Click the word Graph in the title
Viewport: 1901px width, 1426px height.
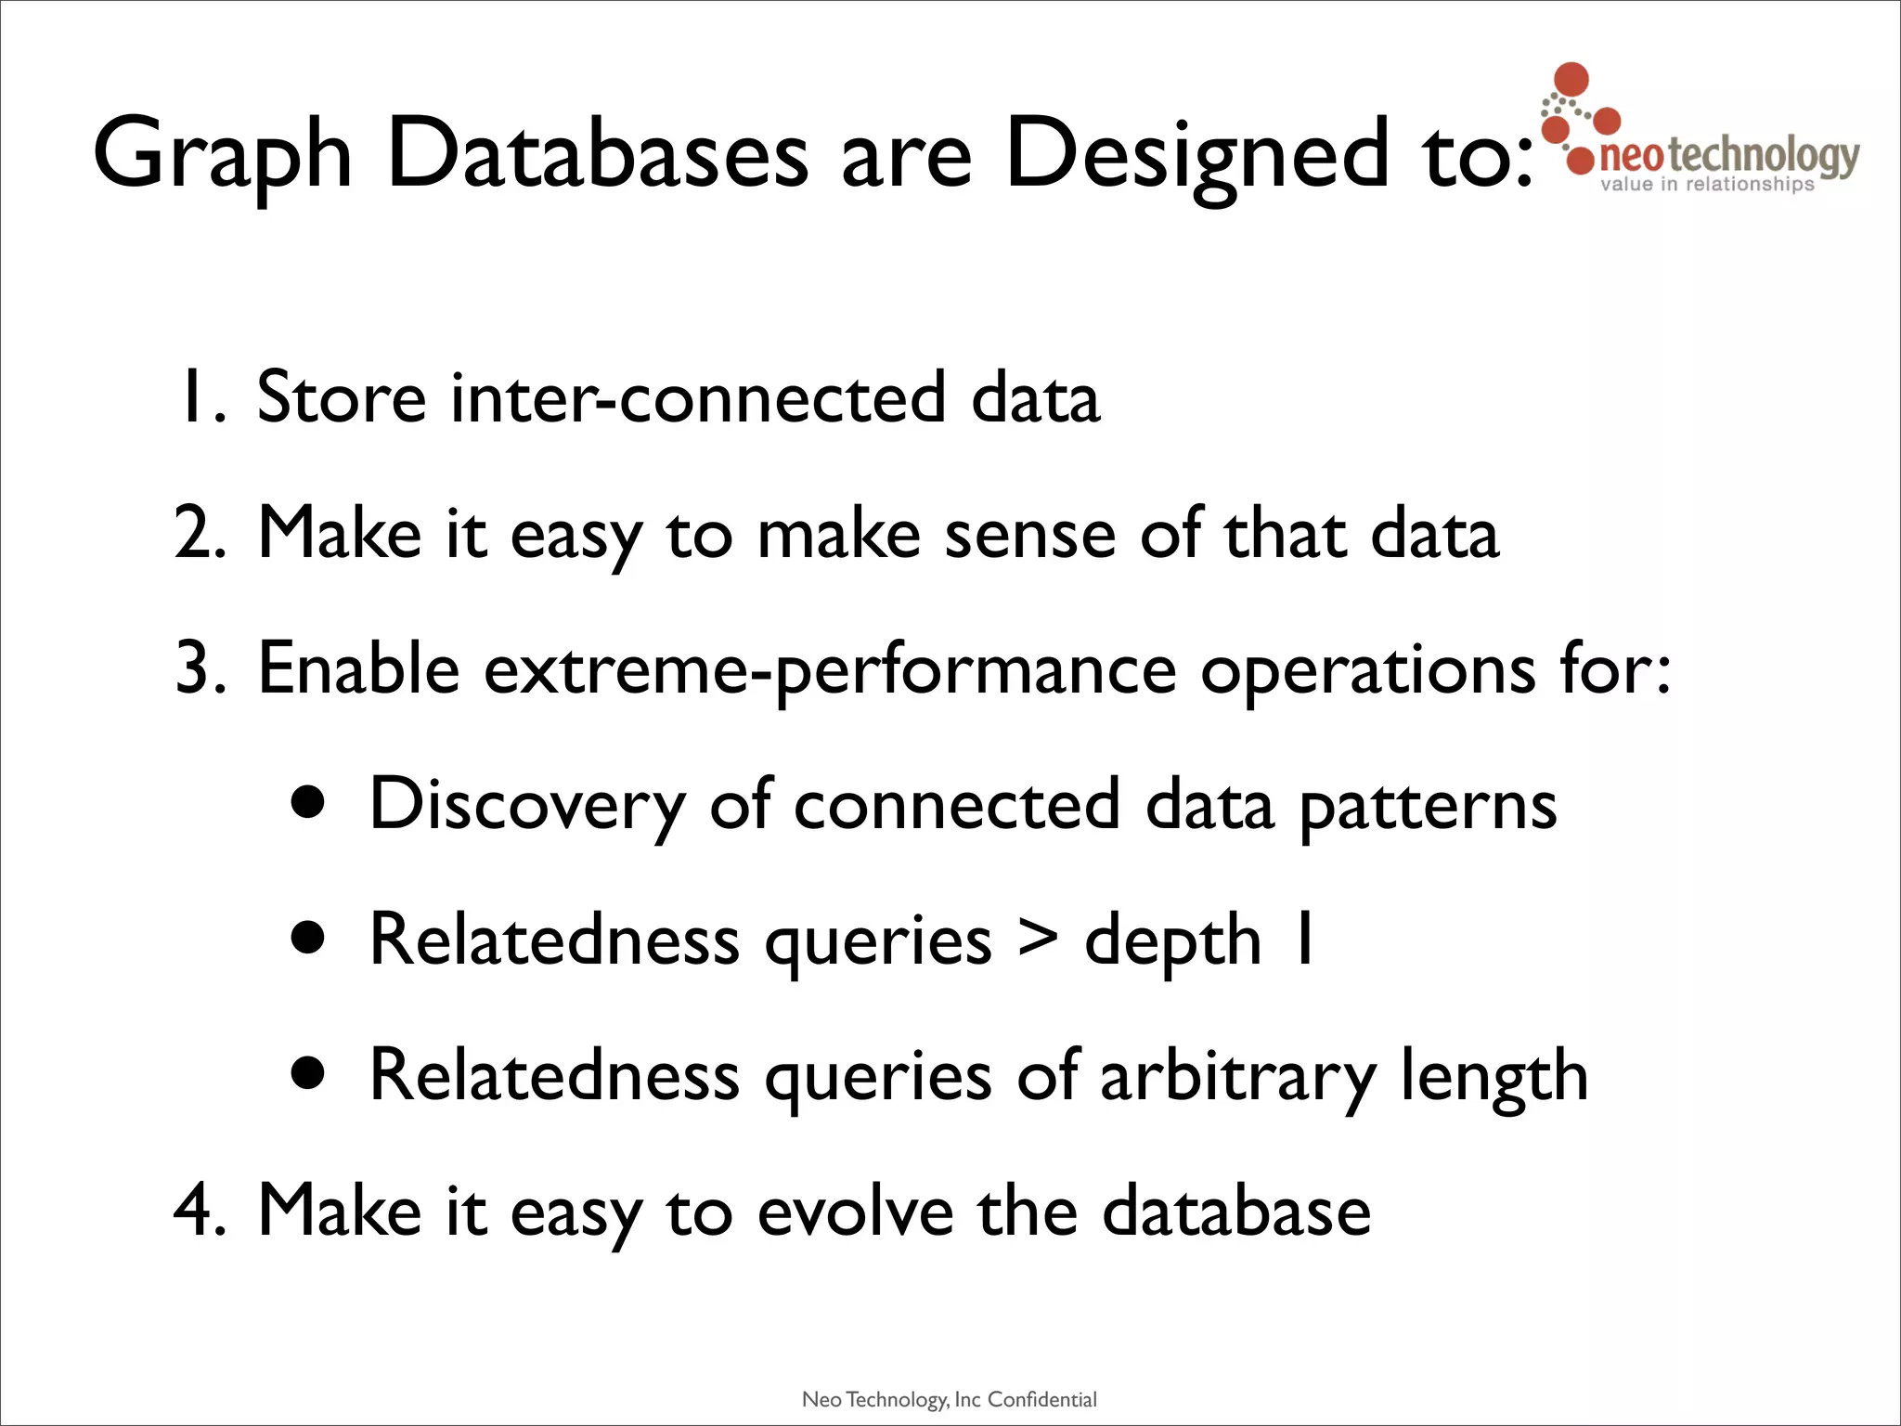click(x=223, y=155)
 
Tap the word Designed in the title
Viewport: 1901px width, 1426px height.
click(x=1197, y=155)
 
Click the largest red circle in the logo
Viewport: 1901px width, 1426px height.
click(x=1571, y=80)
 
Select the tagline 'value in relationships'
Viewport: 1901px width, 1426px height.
click(x=1707, y=184)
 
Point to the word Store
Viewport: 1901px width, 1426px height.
click(x=341, y=397)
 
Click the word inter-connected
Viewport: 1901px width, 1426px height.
click(x=697, y=397)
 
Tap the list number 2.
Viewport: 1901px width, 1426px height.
click(x=199, y=534)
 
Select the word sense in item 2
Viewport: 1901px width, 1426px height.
click(x=1029, y=534)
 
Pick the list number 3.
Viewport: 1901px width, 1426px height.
click(x=199, y=668)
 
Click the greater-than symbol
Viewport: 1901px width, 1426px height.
click(x=1038, y=938)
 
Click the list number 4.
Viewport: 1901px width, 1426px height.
click(x=199, y=1211)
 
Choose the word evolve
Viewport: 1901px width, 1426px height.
click(x=855, y=1211)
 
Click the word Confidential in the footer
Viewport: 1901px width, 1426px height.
click(x=1041, y=1400)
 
